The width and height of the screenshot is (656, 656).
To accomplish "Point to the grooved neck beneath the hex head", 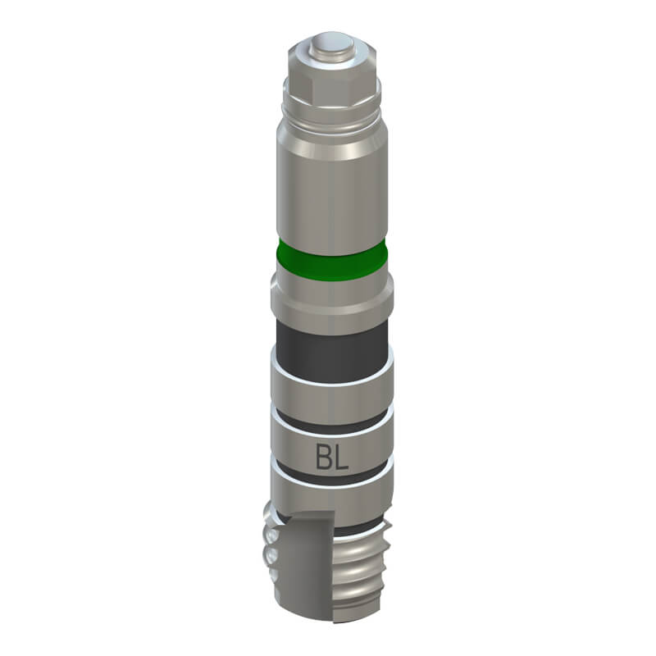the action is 333,115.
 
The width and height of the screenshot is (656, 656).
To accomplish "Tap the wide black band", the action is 332,352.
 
